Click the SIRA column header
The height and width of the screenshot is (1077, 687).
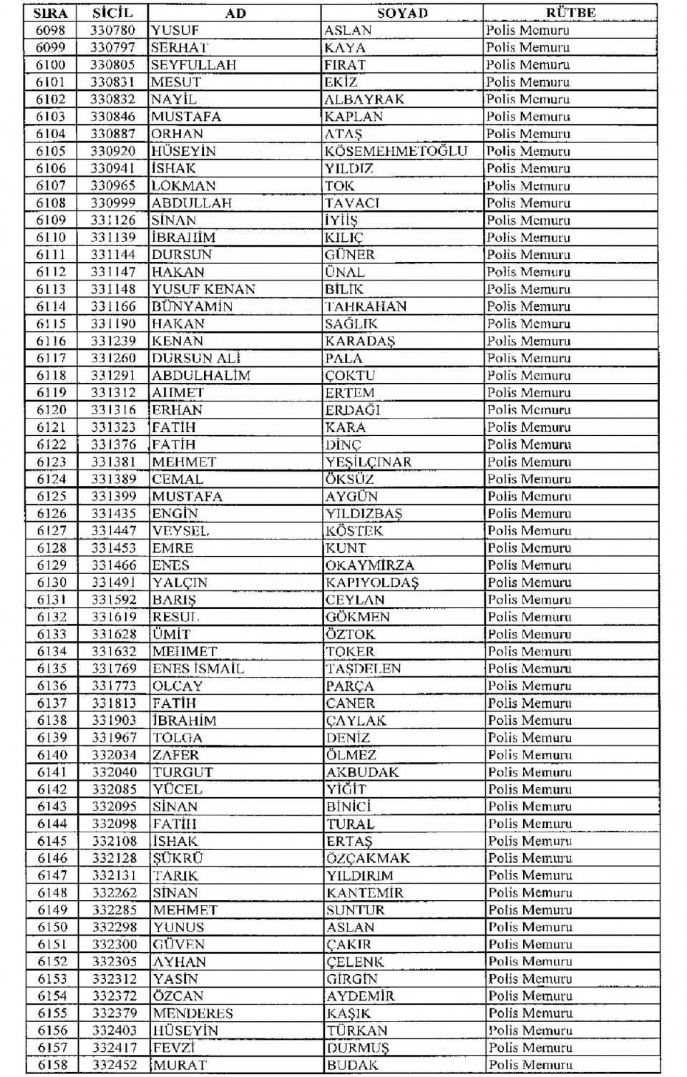[x=50, y=13]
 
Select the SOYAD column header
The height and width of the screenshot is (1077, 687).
[x=402, y=13]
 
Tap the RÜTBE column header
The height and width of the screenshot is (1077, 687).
[x=570, y=13]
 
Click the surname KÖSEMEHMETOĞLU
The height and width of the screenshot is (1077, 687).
[x=396, y=151]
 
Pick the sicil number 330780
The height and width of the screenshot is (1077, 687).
[x=112, y=30]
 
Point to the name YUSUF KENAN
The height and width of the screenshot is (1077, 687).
[x=203, y=289]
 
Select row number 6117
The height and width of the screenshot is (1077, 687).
[x=51, y=358]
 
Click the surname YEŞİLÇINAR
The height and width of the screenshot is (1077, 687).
[x=369, y=462]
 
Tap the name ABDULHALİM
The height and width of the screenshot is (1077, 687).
[x=201, y=375]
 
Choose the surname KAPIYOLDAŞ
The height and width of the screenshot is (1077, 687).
[x=372, y=583]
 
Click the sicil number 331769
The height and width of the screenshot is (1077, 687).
[x=114, y=668]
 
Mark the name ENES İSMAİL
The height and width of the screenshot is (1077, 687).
[x=198, y=668]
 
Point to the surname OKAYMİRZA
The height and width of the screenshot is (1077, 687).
[x=370, y=565]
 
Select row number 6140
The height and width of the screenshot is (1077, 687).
[x=52, y=755]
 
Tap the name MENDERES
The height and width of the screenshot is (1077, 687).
[x=193, y=1013]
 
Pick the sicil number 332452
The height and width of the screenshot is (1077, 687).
[x=114, y=1065]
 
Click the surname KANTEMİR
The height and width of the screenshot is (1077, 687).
[x=365, y=892]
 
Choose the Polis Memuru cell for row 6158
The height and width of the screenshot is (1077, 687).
[x=530, y=1065]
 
